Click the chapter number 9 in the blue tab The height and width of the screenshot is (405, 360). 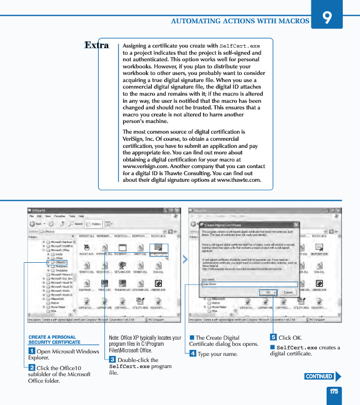tap(327, 18)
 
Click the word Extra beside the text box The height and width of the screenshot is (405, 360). tap(97, 45)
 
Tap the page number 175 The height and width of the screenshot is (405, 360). tap(334, 391)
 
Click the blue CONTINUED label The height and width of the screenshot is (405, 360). tap(319, 376)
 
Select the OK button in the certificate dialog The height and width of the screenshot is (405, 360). tap(267, 292)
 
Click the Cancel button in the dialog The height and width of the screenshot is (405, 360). tap(287, 292)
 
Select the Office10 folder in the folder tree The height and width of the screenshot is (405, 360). tap(60, 262)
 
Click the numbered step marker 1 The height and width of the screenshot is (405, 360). tap(31, 351)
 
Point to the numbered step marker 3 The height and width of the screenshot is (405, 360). tap(112, 359)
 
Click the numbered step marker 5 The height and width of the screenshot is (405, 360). tap(273, 337)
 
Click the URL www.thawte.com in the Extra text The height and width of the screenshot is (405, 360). tap(238, 180)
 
